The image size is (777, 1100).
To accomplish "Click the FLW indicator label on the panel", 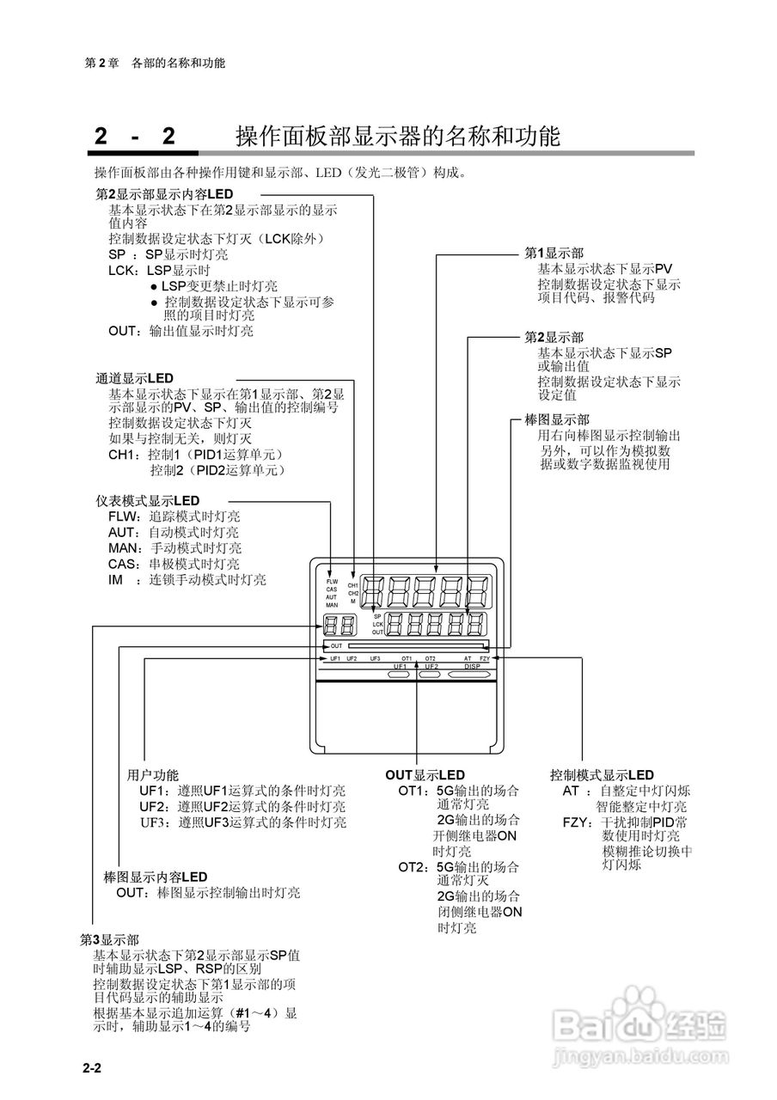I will tap(332, 582).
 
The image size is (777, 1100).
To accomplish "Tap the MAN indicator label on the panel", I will tap(332, 606).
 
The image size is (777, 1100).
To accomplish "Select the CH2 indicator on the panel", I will tap(353, 593).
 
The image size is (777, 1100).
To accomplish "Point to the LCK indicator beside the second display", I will tap(377, 624).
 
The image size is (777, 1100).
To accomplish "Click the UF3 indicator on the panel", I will tap(375, 658).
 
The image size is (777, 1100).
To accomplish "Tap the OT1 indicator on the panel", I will tap(407, 658).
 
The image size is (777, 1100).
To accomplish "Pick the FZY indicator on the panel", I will tap(485, 658).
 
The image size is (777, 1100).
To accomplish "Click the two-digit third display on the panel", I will tap(340, 627).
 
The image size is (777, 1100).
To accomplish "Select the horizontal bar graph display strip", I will tap(417, 645).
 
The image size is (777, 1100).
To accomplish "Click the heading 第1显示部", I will tap(554, 254).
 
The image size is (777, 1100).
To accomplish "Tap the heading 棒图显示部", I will tap(556, 420).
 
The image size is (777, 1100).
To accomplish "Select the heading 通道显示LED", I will tap(134, 378).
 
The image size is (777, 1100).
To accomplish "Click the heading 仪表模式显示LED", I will tap(147, 500).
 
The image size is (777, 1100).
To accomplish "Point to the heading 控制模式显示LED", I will tap(602, 775).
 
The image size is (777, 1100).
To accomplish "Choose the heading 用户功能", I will tap(153, 775).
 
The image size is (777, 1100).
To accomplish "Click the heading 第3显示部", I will tap(109, 939).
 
